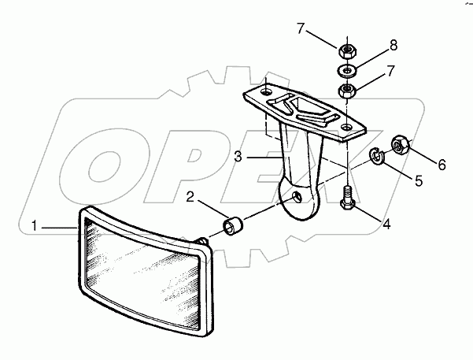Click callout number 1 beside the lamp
tap(35, 225)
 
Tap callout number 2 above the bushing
tap(190, 197)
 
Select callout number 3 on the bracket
tap(238, 157)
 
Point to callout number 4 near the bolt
tap(386, 224)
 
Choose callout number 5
tap(419, 181)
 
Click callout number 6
tap(442, 165)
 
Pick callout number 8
tap(393, 46)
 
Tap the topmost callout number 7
tap(301, 28)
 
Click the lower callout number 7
tap(390, 71)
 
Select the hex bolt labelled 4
tap(348, 198)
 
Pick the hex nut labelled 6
tap(401, 144)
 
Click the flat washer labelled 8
tap(347, 71)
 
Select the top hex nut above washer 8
tap(347, 50)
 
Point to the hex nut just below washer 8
tap(347, 91)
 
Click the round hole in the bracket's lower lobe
tap(297, 198)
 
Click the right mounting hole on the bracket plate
tap(347, 127)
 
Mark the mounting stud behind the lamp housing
tap(202, 240)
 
